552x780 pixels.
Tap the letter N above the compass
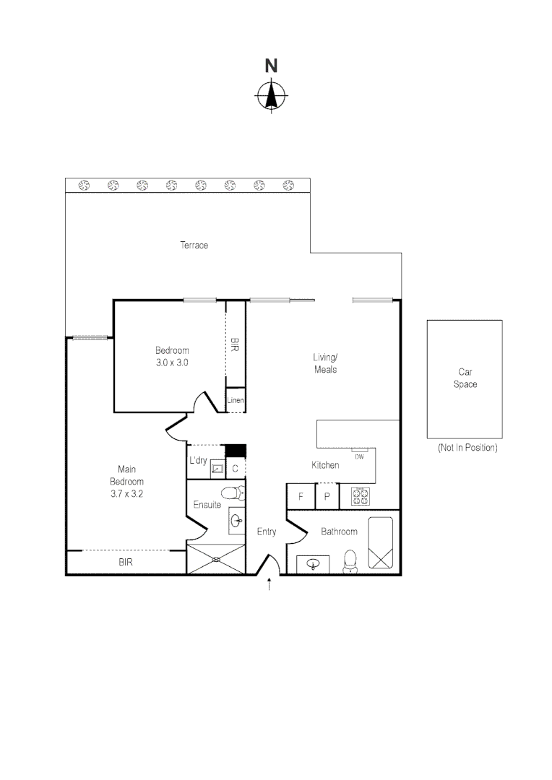tap(271, 66)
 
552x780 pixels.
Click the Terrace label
tap(194, 246)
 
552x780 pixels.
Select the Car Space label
tap(465, 379)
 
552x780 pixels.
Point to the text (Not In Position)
tap(467, 448)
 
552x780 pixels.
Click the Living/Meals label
tap(325, 363)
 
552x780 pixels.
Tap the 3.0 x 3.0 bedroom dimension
tap(172, 363)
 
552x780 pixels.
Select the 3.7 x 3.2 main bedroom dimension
tap(126, 493)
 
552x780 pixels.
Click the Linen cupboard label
tap(236, 400)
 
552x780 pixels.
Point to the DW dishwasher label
tap(359, 456)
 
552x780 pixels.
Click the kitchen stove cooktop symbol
tap(361, 497)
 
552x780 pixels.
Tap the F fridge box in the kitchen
tap(301, 497)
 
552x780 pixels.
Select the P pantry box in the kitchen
tap(327, 497)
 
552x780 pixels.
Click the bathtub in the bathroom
tap(380, 543)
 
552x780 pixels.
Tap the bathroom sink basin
tap(314, 564)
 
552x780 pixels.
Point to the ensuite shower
tap(216, 560)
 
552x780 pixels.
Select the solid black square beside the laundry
tap(236, 451)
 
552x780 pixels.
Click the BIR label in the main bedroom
tap(126, 561)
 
